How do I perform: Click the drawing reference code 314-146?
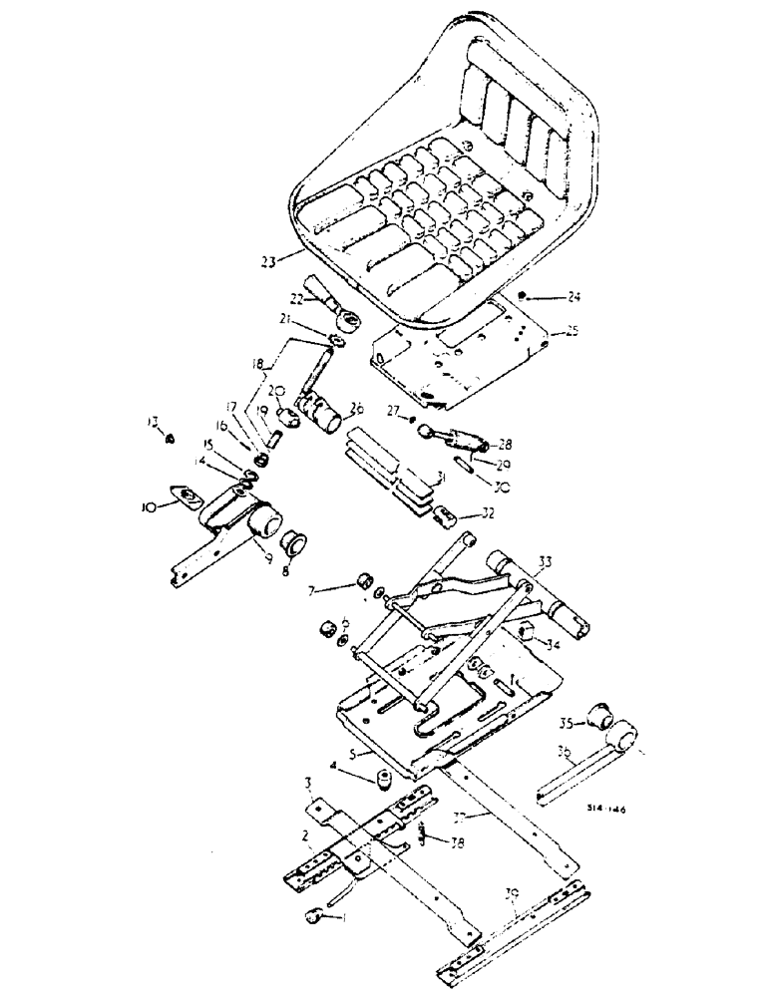coord(605,811)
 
